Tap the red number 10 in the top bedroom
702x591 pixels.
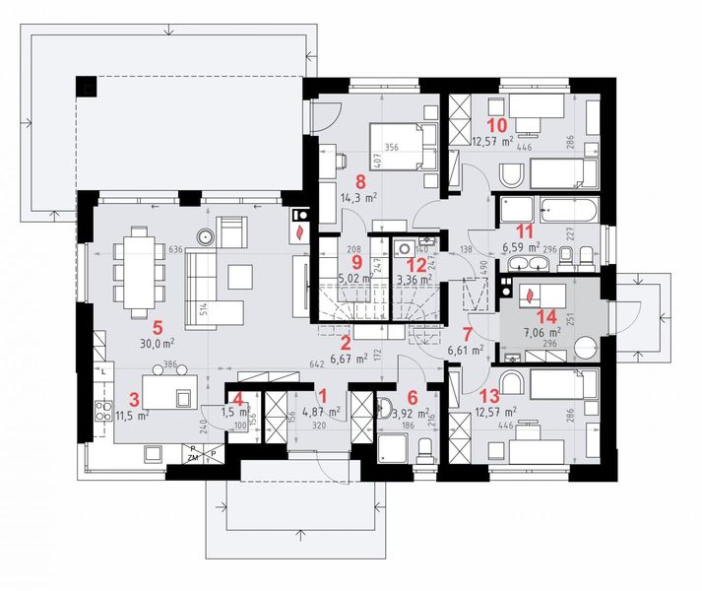pyautogui.click(x=497, y=125)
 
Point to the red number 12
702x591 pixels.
pyautogui.click(x=416, y=264)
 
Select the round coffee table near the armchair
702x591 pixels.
pyautogui.click(x=207, y=236)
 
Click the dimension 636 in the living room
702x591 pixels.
pyautogui.click(x=177, y=251)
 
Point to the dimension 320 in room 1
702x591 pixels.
pyautogui.click(x=319, y=429)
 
